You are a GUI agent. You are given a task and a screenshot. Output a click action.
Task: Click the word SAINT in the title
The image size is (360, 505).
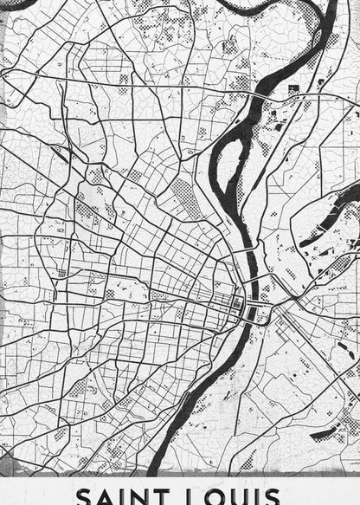point(125,496)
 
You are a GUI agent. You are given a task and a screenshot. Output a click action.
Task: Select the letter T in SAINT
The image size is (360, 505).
point(170,496)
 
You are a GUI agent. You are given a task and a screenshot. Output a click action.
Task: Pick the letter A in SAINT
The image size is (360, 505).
point(106,496)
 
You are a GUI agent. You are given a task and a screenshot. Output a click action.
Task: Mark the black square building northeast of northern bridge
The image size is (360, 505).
point(292,89)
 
